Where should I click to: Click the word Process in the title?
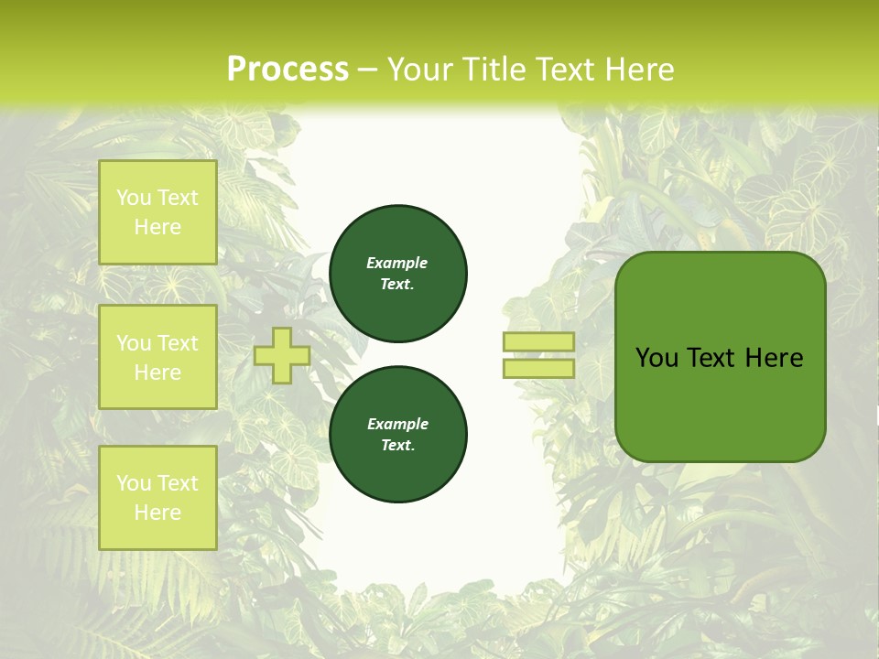(288, 70)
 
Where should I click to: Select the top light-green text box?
(157, 212)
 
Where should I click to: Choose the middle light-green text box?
(157, 357)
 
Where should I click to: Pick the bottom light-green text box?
(157, 497)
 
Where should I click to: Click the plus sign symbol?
(282, 355)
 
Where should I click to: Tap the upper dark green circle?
(398, 274)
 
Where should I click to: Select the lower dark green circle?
(398, 435)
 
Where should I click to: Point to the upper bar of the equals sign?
(538, 341)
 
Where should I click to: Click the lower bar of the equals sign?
(538, 368)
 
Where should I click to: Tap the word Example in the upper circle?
(397, 263)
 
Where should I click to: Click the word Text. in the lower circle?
(397, 446)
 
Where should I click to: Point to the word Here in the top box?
(157, 227)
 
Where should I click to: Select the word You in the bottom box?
(134, 483)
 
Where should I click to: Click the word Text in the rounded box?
(711, 358)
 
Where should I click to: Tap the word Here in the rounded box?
(774, 358)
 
